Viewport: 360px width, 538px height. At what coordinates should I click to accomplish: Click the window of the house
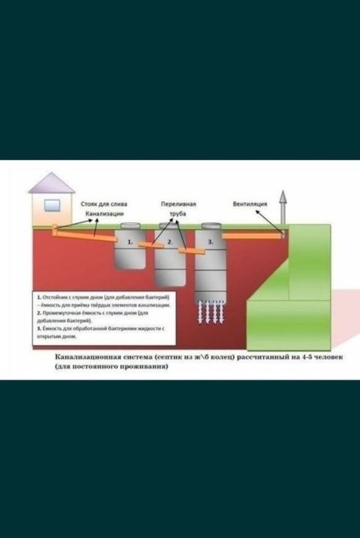(52, 206)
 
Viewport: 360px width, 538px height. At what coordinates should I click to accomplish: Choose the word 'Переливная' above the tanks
(178, 204)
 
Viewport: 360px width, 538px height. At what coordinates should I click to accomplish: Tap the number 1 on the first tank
(130, 242)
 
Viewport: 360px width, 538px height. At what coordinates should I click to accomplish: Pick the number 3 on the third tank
(210, 242)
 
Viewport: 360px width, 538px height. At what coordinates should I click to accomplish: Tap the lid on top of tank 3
(210, 226)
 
